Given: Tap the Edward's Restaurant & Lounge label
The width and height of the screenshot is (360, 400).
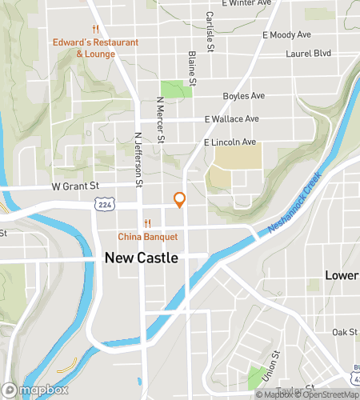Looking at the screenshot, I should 96,48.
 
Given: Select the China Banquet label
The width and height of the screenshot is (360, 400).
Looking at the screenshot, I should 147,237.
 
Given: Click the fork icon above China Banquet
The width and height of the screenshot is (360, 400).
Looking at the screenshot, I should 147,223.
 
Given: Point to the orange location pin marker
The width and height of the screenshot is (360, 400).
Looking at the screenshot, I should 180,200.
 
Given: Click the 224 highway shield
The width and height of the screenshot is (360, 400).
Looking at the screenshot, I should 105,205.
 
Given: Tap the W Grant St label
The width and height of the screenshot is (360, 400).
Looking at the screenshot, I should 76,186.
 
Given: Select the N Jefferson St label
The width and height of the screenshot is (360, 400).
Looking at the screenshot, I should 138,160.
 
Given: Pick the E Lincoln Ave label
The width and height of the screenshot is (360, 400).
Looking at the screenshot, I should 230,142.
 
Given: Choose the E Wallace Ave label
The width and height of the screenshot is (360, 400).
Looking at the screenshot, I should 232,119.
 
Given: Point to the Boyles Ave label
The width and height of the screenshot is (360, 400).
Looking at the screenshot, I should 244,96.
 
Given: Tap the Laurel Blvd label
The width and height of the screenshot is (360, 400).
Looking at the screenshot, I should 309,54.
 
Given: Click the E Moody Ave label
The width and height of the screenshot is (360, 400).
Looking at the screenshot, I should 286,35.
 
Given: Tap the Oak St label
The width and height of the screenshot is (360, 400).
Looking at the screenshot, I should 345,331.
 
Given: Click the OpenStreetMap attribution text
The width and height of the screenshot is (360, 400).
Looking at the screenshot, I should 328,394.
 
